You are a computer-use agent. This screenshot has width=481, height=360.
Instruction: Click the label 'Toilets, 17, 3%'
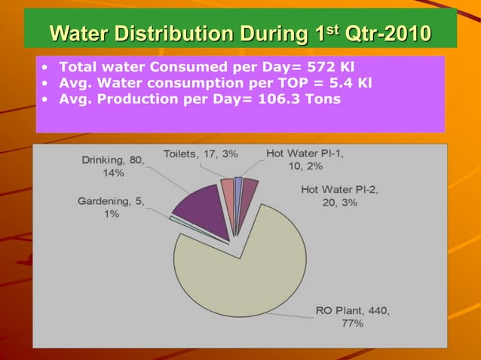click(x=201, y=154)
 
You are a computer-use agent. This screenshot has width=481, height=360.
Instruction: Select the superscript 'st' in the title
click(x=337, y=28)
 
